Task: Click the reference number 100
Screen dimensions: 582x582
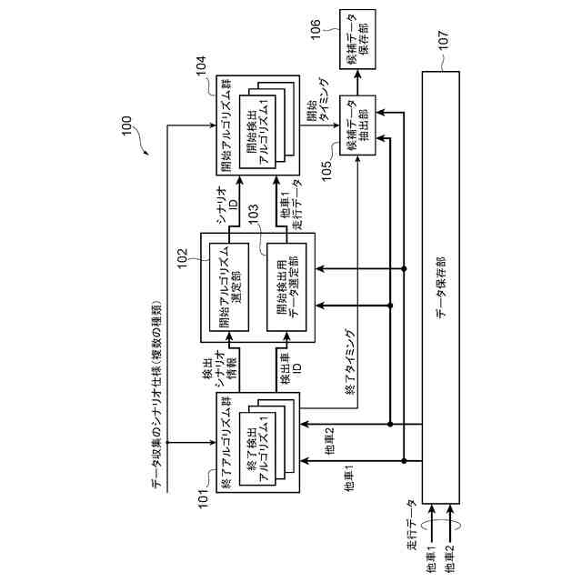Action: [126, 129]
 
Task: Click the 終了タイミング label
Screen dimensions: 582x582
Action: [351, 358]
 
